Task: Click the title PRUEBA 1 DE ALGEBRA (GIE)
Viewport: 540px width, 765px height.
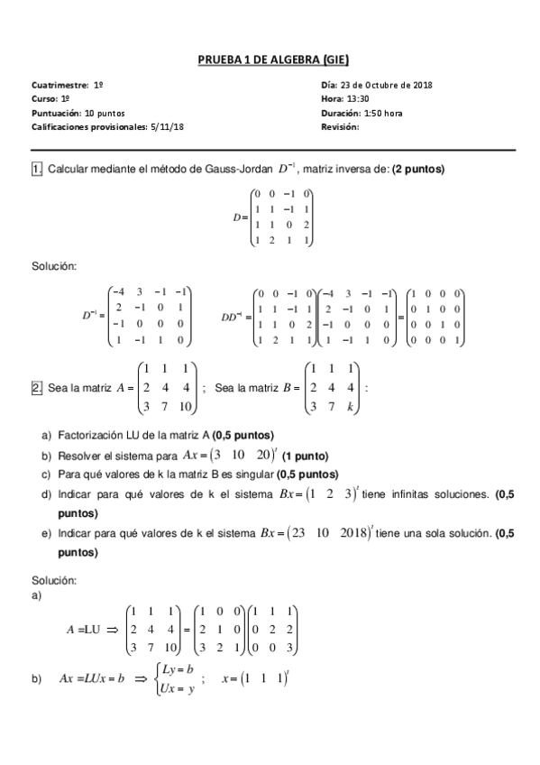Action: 270,60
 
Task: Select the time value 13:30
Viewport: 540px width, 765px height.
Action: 353,99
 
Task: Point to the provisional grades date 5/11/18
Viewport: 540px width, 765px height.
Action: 167,128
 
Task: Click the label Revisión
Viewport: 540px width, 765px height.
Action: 340,128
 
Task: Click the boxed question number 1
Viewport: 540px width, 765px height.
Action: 37,169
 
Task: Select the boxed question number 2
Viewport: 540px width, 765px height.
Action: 37,388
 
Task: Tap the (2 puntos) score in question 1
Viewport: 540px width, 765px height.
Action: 418,169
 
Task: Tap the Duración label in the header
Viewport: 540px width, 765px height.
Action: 341,114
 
